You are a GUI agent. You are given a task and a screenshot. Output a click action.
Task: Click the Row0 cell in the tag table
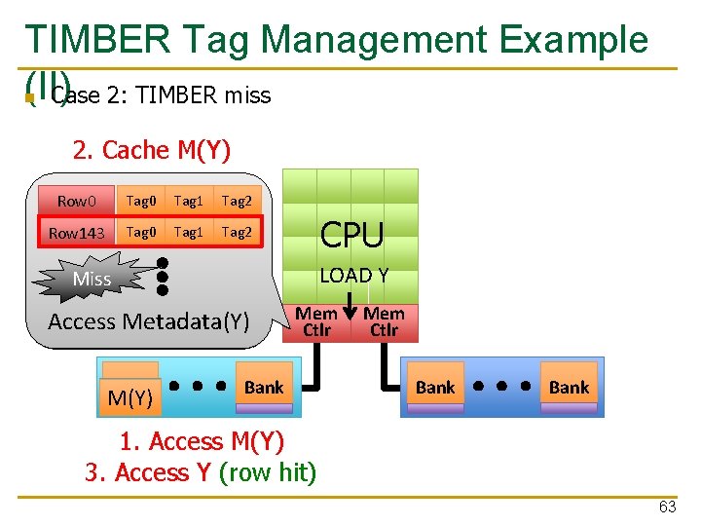76,201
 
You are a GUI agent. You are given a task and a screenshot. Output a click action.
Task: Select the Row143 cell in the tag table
76,233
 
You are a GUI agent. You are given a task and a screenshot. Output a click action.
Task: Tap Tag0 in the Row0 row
140,201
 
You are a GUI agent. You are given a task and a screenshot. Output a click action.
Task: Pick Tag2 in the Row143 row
237,232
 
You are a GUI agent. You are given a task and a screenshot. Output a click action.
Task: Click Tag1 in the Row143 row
188,232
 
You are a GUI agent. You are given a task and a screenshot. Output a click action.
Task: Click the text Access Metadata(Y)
148,321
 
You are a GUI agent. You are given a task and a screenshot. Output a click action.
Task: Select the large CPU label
351,235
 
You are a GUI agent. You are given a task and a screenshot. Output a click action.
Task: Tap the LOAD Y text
353,276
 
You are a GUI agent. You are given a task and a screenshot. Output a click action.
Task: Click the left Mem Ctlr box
315,322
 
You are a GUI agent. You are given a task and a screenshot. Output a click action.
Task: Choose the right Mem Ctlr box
384,322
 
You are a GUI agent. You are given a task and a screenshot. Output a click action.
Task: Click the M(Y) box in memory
129,396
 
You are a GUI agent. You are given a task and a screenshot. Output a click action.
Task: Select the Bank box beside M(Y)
263,388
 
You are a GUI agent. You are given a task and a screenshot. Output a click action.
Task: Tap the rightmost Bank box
569,388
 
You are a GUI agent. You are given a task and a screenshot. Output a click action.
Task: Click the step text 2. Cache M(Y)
152,150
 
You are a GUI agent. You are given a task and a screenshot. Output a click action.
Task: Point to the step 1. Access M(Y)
202,441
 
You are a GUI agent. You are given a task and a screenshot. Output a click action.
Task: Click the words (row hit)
268,472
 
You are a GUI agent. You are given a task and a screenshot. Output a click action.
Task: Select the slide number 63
667,507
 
